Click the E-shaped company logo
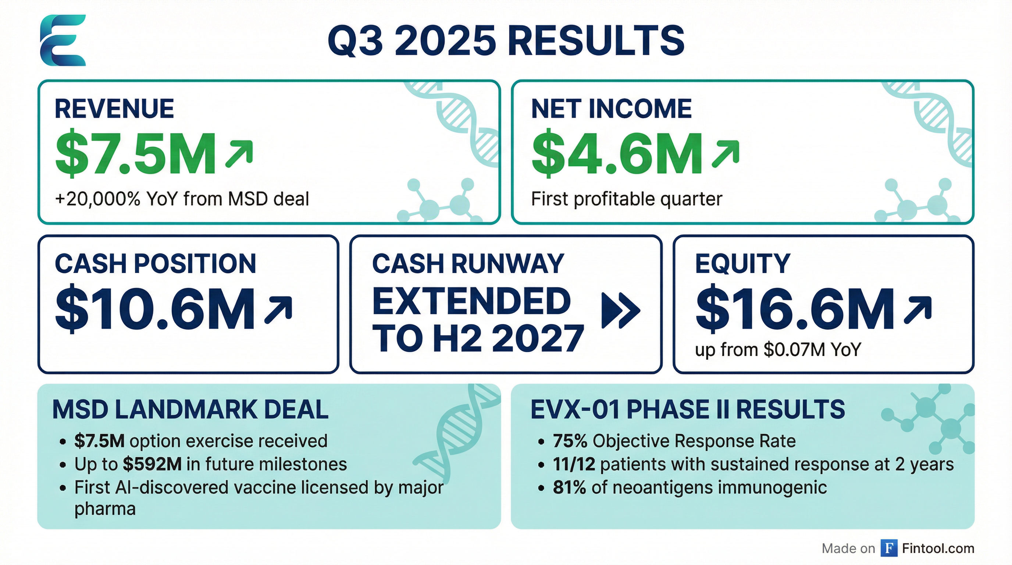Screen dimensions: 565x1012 click(63, 40)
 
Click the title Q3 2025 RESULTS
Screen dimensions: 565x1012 click(506, 41)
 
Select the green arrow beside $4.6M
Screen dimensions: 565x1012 click(726, 154)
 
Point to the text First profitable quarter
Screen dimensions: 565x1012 click(627, 199)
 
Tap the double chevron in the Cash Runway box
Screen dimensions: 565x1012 click(621, 310)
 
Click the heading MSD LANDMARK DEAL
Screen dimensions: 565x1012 click(190, 409)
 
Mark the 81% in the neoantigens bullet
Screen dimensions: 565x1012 click(569, 488)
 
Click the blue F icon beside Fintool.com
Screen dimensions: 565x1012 click(889, 548)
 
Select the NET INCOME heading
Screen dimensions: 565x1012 click(611, 109)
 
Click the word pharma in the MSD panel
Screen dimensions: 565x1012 click(105, 509)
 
